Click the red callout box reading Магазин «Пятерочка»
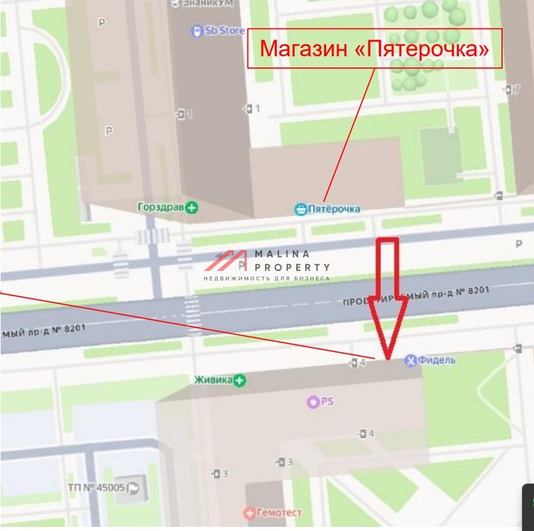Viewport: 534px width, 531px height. coord(375,49)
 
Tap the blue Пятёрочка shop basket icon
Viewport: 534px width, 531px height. coord(300,209)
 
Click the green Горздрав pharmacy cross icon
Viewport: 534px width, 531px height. coord(192,207)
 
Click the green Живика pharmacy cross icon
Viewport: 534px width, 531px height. coord(240,379)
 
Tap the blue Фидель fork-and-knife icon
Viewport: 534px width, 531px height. coord(410,359)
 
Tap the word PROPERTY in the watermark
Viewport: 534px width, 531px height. coord(292,267)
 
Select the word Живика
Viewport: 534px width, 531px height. coord(213,379)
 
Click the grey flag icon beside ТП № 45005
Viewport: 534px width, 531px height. coord(133,488)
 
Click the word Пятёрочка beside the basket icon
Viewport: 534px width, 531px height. coord(335,209)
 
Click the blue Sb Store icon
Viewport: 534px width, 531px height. coord(197,31)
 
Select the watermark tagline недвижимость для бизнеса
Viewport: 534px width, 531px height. coord(267,278)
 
